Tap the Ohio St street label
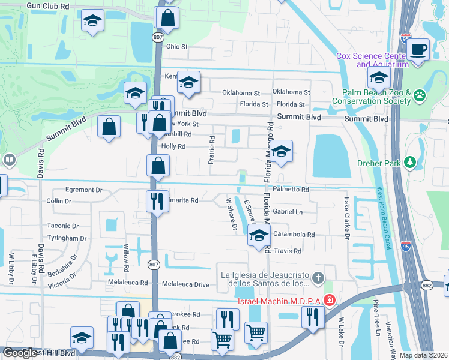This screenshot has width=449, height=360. [x=177, y=46]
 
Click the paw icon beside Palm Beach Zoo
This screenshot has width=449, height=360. [x=419, y=94]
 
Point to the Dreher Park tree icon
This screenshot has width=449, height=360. [x=410, y=162]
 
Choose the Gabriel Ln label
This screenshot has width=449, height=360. [x=287, y=212]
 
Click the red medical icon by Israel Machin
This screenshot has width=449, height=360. [x=329, y=299]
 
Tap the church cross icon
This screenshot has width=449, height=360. [x=318, y=278]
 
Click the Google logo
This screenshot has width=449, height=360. [x=20, y=353]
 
